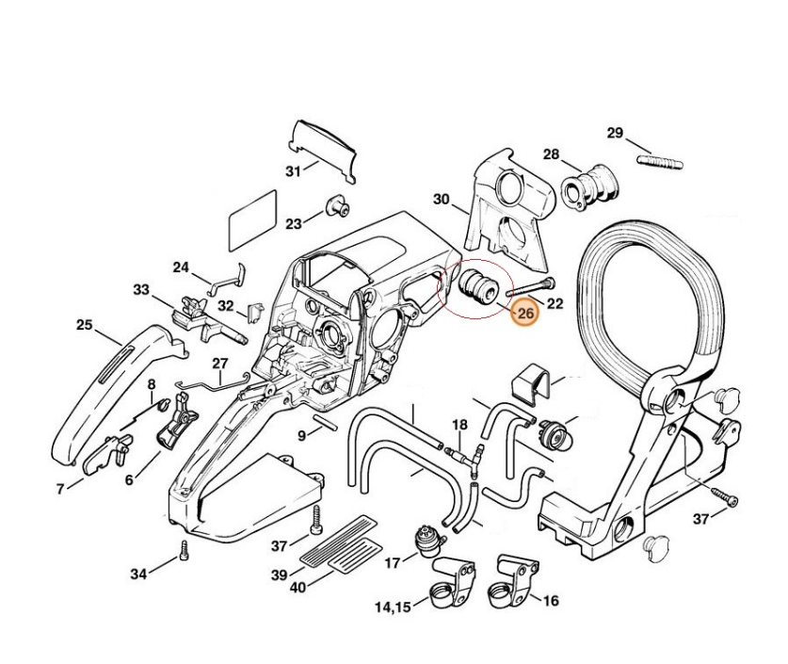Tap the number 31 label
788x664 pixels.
click(x=294, y=171)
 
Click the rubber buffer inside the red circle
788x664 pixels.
click(x=475, y=283)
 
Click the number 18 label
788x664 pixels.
click(x=459, y=425)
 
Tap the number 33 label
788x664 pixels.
click(x=142, y=290)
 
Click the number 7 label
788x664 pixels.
click(x=61, y=489)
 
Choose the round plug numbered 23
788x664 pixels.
click(x=334, y=206)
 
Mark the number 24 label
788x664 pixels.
click(x=181, y=267)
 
